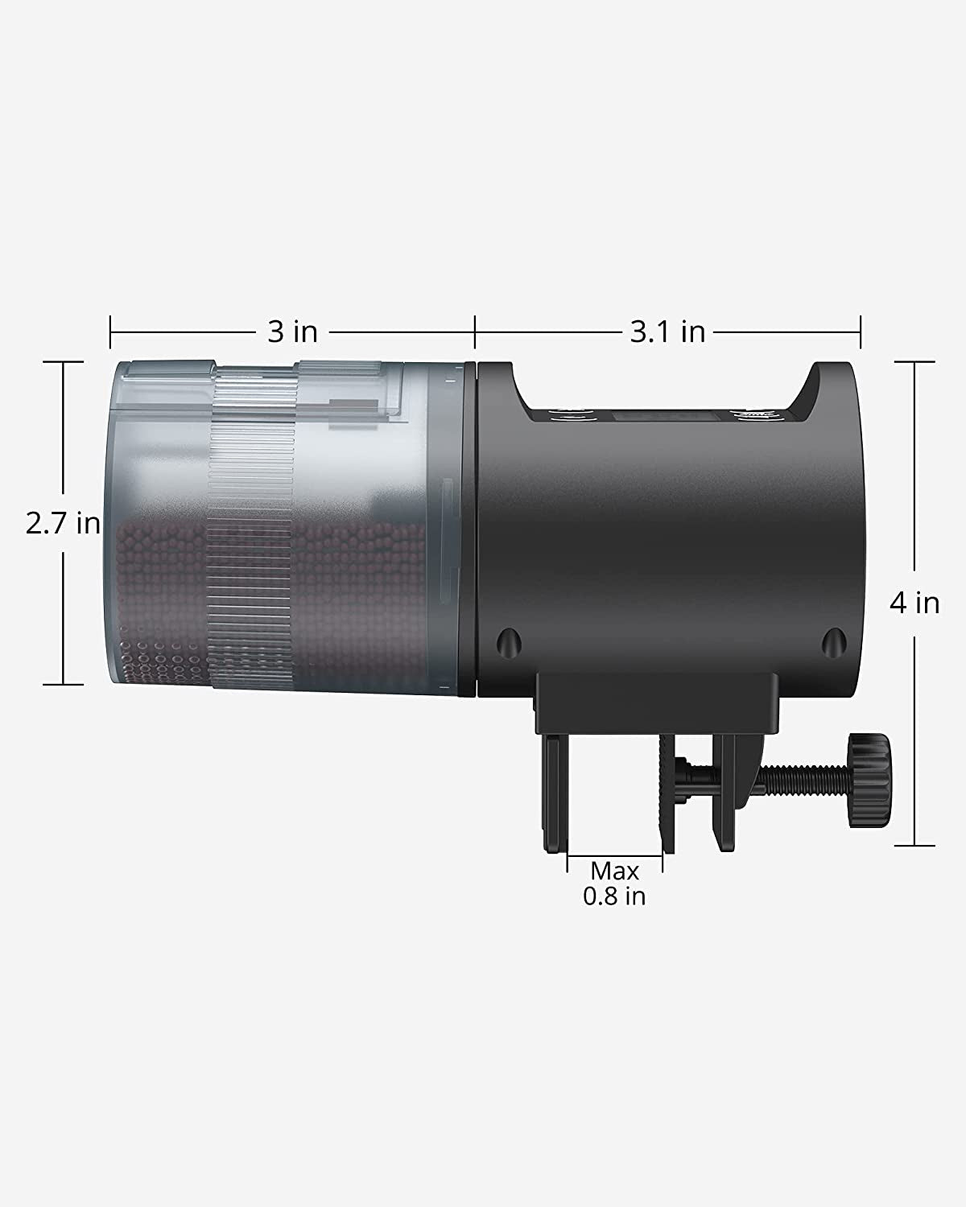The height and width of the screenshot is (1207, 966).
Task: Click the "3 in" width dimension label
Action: pos(292,331)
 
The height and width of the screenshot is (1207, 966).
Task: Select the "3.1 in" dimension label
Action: pos(667,331)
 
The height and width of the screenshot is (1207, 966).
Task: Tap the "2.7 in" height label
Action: pos(63,524)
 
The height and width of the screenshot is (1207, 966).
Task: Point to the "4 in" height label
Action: pos(914,603)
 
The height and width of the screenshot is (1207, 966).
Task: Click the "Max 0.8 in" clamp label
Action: pos(615,884)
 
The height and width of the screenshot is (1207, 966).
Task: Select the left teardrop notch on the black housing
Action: pos(506,641)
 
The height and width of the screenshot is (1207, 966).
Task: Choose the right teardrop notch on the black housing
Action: pos(833,641)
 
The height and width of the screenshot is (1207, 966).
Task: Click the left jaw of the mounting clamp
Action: pos(555,793)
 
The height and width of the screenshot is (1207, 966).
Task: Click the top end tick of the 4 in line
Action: pos(914,362)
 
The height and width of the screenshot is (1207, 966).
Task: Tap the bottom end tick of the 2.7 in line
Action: pos(64,685)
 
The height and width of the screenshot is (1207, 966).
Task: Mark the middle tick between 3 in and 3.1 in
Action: pos(475,332)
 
